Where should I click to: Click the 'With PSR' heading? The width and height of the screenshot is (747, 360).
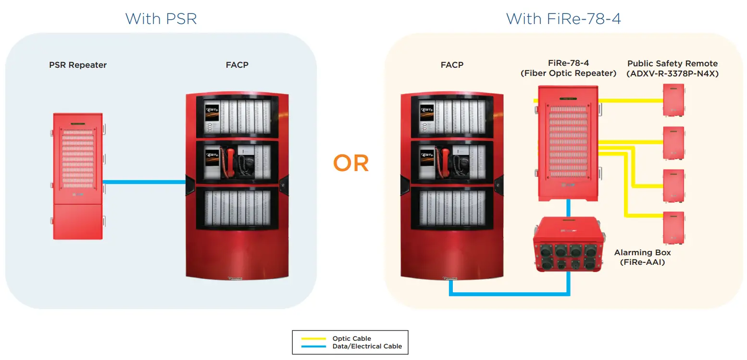click(x=161, y=19)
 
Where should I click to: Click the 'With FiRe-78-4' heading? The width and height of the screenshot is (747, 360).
click(x=563, y=19)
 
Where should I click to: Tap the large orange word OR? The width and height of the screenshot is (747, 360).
click(x=351, y=164)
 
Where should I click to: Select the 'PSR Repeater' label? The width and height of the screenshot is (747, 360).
click(x=78, y=65)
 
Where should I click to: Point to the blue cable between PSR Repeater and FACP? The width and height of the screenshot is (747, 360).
click(x=144, y=182)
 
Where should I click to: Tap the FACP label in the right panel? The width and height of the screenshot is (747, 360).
click(x=451, y=64)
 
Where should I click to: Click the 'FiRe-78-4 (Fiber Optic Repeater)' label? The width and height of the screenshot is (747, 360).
click(x=568, y=68)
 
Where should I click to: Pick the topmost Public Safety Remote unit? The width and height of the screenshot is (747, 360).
click(x=673, y=100)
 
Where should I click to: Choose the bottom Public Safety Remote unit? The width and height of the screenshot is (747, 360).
click(x=673, y=228)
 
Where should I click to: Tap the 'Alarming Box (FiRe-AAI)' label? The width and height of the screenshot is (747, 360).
click(x=642, y=257)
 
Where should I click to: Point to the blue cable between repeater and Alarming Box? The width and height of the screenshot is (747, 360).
click(x=568, y=209)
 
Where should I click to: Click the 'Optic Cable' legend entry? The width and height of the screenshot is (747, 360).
click(x=351, y=338)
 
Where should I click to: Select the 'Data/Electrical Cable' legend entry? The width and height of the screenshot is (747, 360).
click(x=367, y=346)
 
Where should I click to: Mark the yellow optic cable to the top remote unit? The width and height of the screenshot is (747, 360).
click(x=630, y=100)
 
